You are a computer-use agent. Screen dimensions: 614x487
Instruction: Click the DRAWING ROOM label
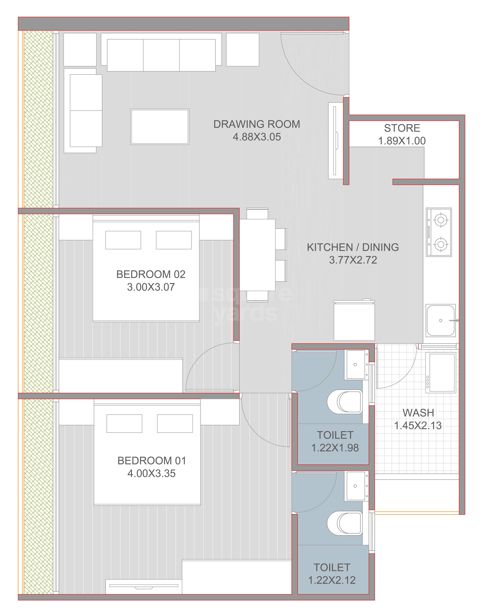(256, 124)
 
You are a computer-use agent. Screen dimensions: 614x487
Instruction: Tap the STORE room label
(402, 128)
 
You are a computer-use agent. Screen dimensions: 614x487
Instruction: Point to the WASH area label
(418, 413)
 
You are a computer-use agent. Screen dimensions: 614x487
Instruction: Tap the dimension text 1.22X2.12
(332, 580)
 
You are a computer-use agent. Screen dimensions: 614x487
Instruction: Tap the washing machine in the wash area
(441, 373)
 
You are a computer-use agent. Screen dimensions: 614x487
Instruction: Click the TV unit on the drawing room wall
(335, 141)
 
